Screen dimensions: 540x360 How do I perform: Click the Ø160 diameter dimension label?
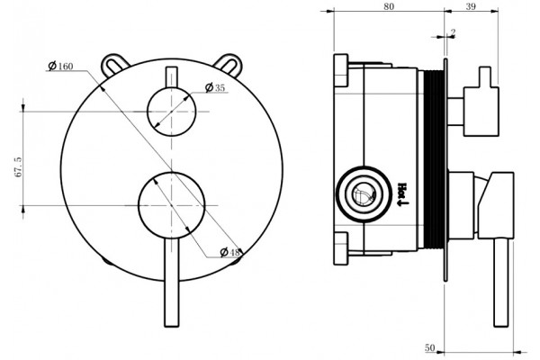[x=61, y=66]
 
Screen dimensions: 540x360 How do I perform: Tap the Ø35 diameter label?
[x=215, y=88]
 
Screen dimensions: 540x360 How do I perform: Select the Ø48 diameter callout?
[x=229, y=252]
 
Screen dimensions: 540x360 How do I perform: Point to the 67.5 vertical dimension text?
[x=18, y=166]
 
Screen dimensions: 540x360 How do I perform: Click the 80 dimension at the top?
[x=389, y=6]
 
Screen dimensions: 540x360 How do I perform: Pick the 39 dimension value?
[x=471, y=6]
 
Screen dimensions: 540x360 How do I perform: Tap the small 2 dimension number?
[x=453, y=32]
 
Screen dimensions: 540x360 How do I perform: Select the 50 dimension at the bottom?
[x=429, y=347]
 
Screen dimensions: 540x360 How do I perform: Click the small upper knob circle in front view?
[x=172, y=112]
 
